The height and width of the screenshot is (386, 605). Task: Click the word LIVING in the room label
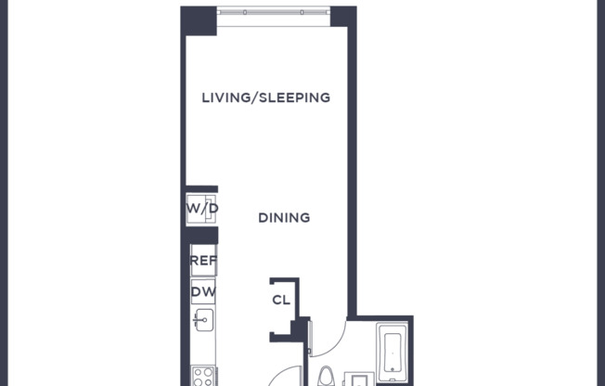225,97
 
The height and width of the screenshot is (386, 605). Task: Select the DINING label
283,218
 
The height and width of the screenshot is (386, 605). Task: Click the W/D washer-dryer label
202,208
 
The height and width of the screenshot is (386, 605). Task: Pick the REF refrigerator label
203,262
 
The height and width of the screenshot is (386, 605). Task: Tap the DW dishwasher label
203,292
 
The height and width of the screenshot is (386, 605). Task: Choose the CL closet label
280,300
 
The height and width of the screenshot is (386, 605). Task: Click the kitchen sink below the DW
203,321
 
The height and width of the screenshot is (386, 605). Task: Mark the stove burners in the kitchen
203,377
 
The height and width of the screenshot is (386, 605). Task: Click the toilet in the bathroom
326,377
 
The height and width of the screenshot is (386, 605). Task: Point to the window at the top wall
274,13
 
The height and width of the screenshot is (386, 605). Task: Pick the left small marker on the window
245,13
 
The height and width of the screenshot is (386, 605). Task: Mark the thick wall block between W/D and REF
201,235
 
